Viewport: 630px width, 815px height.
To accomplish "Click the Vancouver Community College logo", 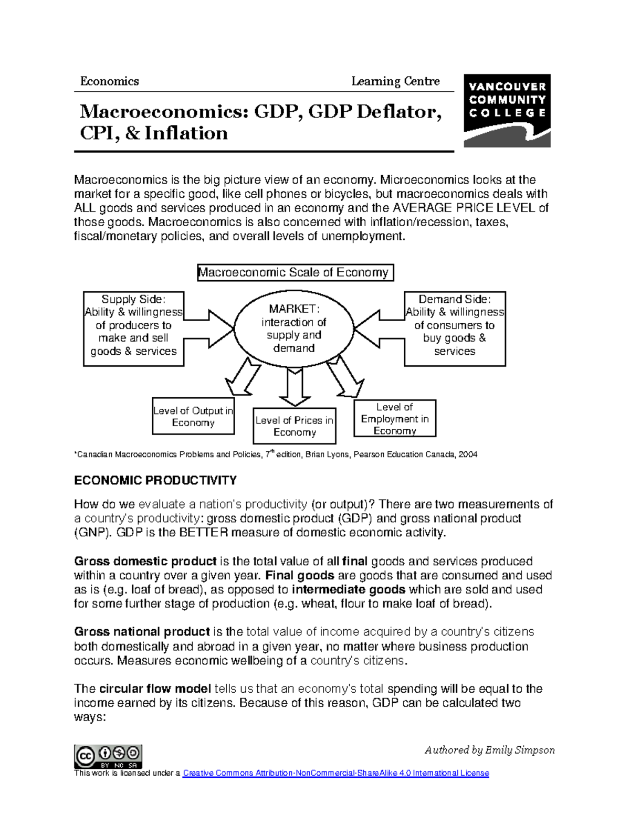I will coord(507,110).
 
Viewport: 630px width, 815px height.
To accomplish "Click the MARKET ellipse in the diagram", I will coord(293,328).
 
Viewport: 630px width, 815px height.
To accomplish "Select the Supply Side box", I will coord(133,329).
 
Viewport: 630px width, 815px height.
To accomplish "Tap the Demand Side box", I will coord(455,329).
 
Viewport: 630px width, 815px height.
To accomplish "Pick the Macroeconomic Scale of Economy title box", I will coord(295,272).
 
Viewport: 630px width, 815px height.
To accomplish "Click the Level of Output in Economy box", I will coord(193,417).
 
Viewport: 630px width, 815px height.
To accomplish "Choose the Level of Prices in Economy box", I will coord(294,426).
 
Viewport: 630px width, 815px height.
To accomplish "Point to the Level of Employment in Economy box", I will coord(395,418).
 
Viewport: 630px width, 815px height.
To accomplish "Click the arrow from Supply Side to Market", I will coord(210,329).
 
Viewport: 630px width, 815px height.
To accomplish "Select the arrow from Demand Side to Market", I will coord(378,329).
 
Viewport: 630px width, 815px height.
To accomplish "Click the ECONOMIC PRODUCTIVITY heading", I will coord(155,481).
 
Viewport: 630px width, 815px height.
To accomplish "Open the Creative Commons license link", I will coord(335,773).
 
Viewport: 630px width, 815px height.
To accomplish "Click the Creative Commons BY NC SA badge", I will coord(108,756).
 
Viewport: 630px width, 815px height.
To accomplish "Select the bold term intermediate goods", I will coord(349,589).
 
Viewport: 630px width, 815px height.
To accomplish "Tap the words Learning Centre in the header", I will coord(395,81).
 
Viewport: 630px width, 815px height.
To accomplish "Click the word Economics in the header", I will coord(109,81).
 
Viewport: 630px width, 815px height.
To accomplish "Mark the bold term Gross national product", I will coord(142,631).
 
